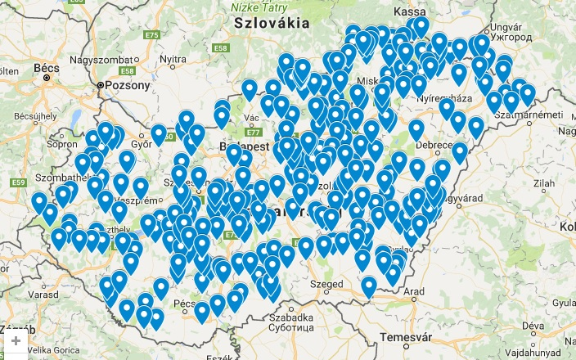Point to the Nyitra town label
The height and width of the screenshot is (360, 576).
click(173, 59)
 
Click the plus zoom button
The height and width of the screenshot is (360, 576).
click(16, 341)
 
